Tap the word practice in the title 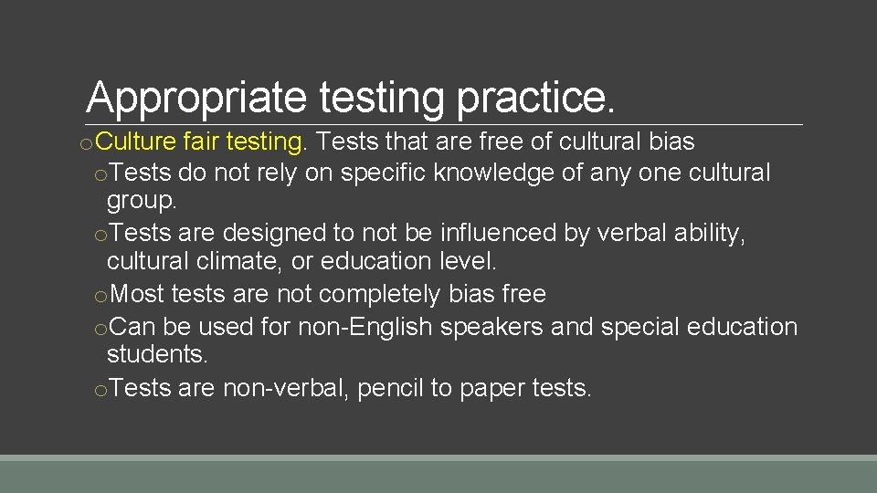point(534,97)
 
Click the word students point(156,354)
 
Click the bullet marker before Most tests point(100,295)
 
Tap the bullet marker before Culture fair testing point(83,143)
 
